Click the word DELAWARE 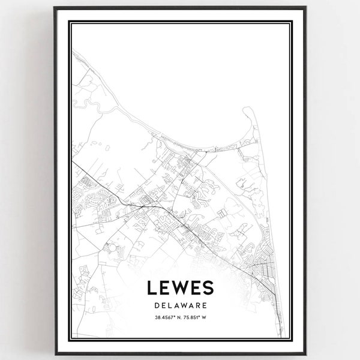point(180,306)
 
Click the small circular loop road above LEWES point(113,247)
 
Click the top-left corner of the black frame point(54,7)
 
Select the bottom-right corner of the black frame point(307,354)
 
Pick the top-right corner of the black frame point(307,7)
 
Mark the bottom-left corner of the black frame point(54,354)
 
